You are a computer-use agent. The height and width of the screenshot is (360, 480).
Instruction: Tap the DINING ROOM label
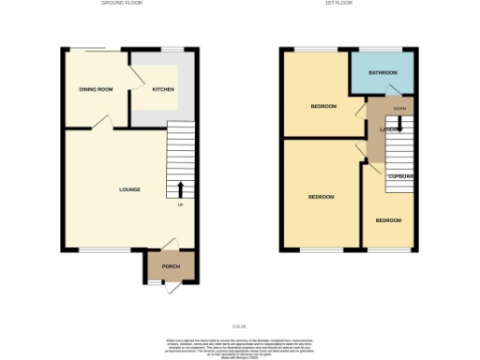96,89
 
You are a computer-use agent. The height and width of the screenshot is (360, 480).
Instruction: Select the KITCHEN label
164,89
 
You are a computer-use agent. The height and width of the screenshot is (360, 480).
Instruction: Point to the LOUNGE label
129,189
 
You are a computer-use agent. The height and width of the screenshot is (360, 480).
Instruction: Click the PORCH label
171,266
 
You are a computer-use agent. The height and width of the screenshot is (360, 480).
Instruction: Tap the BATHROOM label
382,73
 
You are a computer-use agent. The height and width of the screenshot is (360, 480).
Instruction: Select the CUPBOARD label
402,176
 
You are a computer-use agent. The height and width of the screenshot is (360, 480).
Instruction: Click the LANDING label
390,128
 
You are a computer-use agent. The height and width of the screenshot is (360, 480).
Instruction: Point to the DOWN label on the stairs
399,109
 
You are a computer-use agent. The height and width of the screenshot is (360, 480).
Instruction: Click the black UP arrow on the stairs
180,189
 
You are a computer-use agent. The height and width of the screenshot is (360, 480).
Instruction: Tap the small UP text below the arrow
180,205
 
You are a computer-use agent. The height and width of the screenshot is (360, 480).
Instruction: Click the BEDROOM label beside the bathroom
323,106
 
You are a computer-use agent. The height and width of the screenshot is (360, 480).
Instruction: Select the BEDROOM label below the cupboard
388,220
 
